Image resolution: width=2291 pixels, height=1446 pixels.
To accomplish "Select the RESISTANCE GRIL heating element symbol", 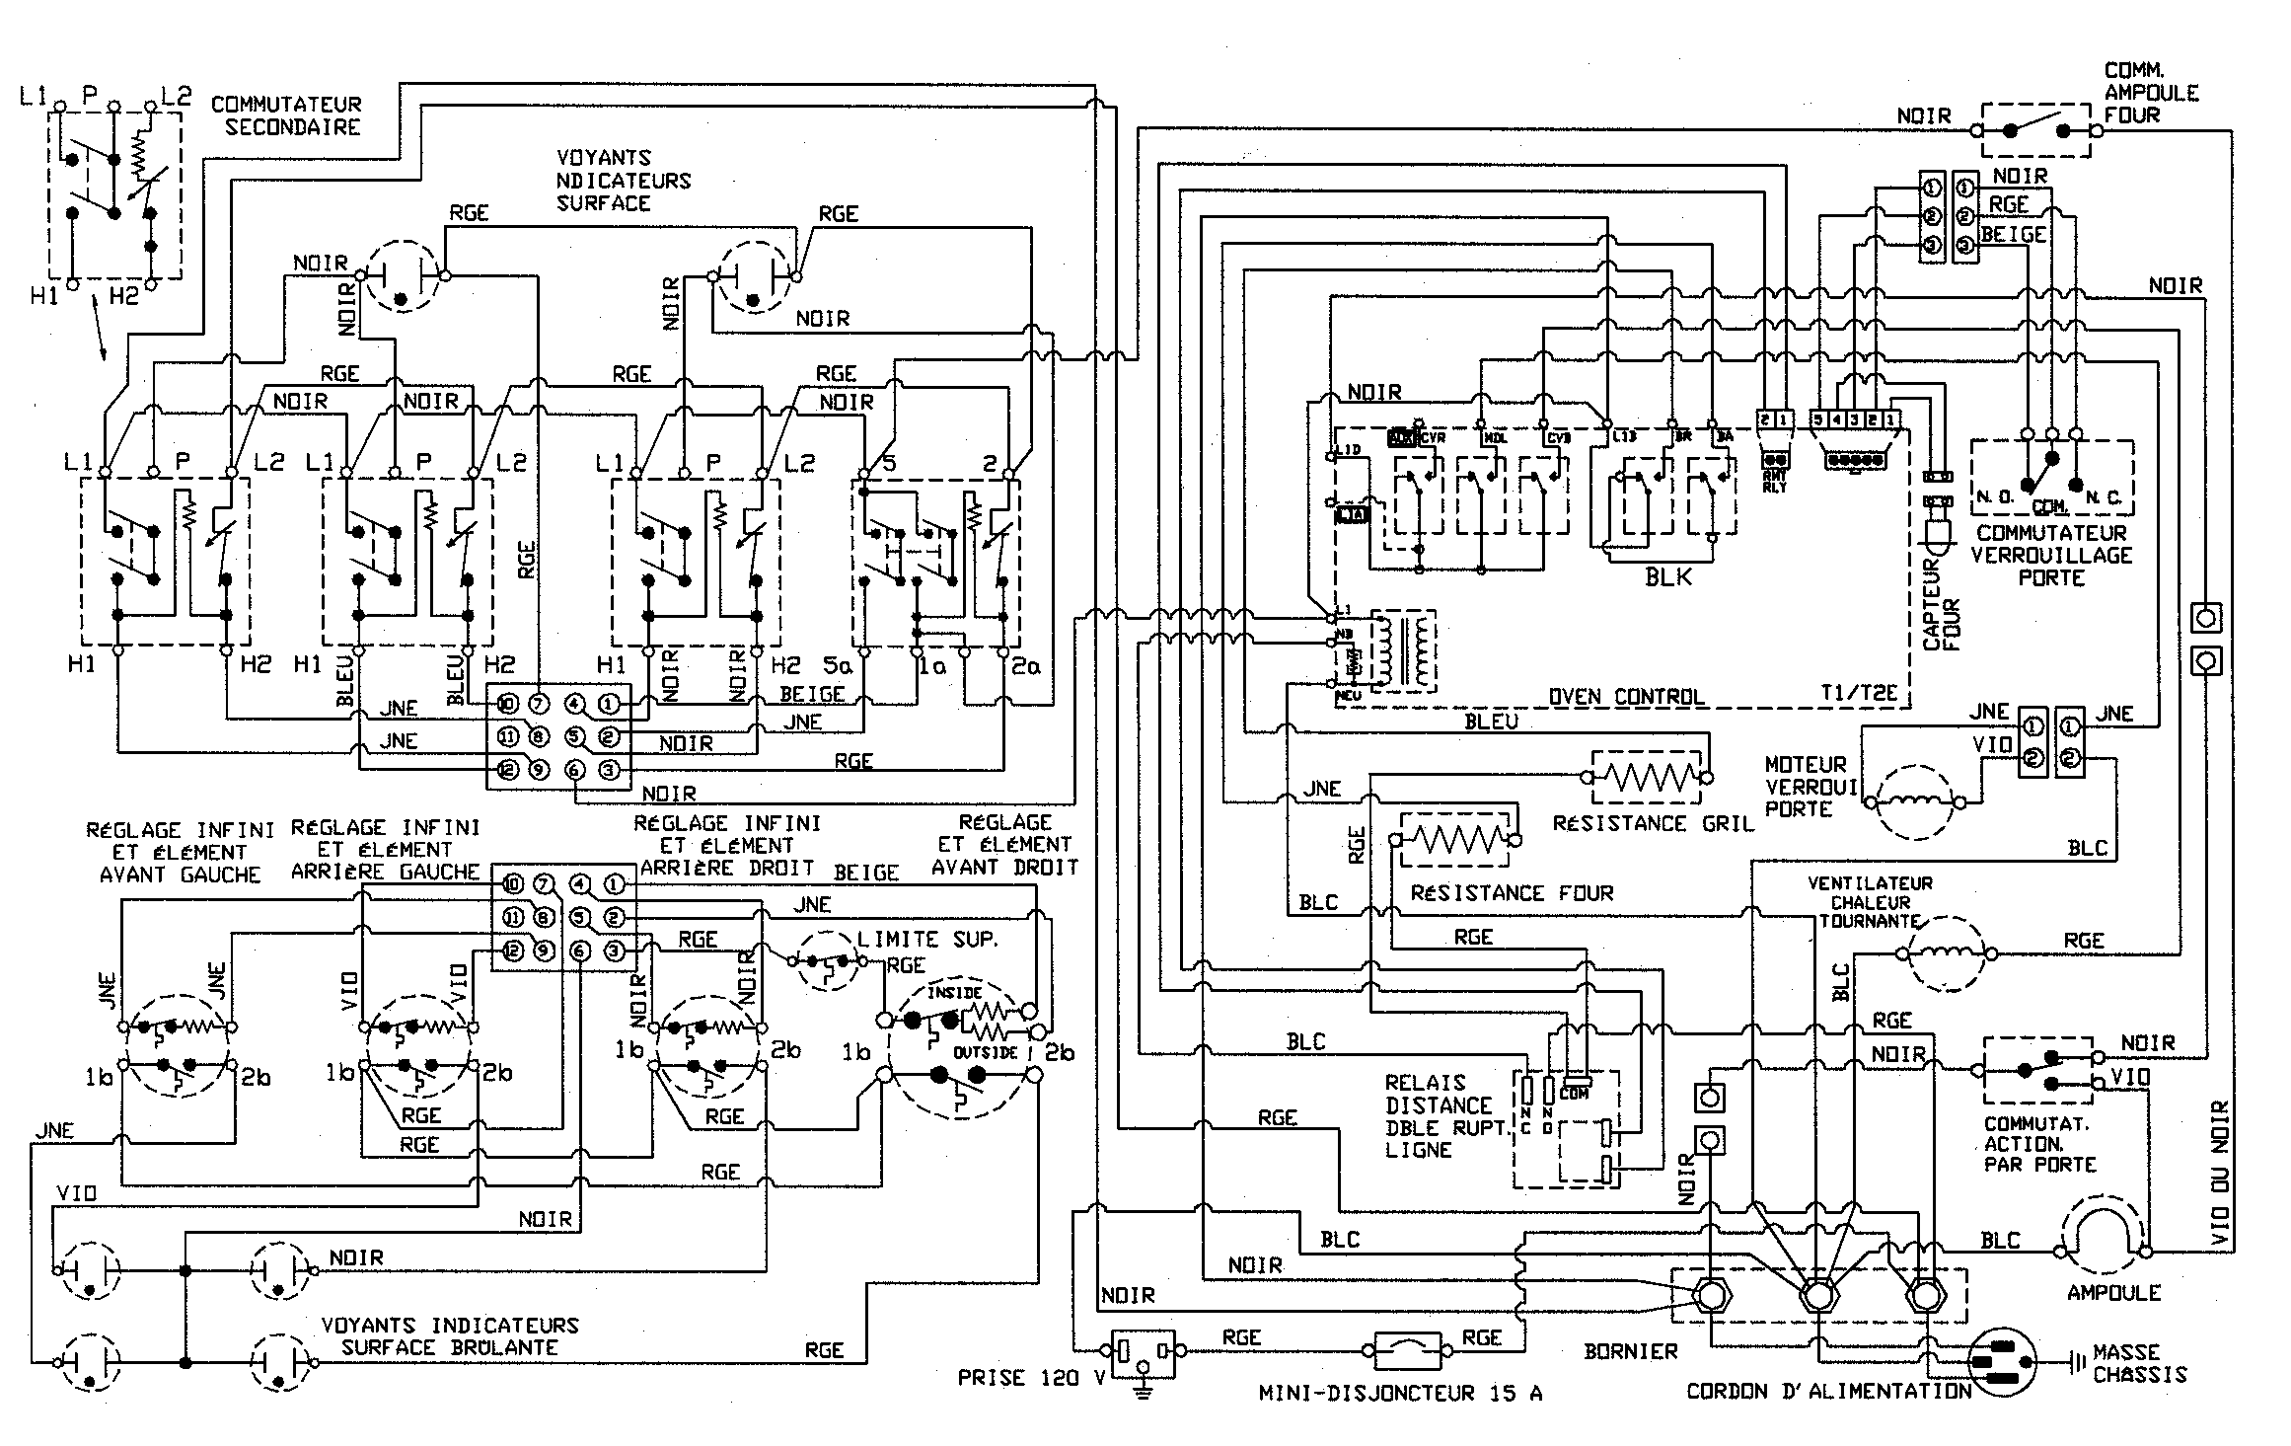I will [1646, 778].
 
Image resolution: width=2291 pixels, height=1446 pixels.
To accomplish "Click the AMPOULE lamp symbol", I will [2104, 1238].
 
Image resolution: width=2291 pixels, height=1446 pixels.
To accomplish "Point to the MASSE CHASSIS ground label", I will [2139, 1363].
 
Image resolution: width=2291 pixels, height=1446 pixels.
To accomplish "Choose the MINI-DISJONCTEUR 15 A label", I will [1399, 1393].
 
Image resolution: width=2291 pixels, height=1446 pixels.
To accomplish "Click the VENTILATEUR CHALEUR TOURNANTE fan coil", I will [1944, 953].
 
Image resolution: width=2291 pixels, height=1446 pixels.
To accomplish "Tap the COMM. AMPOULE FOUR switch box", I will [2035, 129].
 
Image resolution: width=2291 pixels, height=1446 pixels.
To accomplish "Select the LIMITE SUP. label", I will [927, 939].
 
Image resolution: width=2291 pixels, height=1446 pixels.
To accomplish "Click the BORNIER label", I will [1630, 1351].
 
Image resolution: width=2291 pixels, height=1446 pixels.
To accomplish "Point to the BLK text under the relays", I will [1668, 577].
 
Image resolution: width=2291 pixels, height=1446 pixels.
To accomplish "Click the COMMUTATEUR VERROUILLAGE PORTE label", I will [2051, 555].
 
